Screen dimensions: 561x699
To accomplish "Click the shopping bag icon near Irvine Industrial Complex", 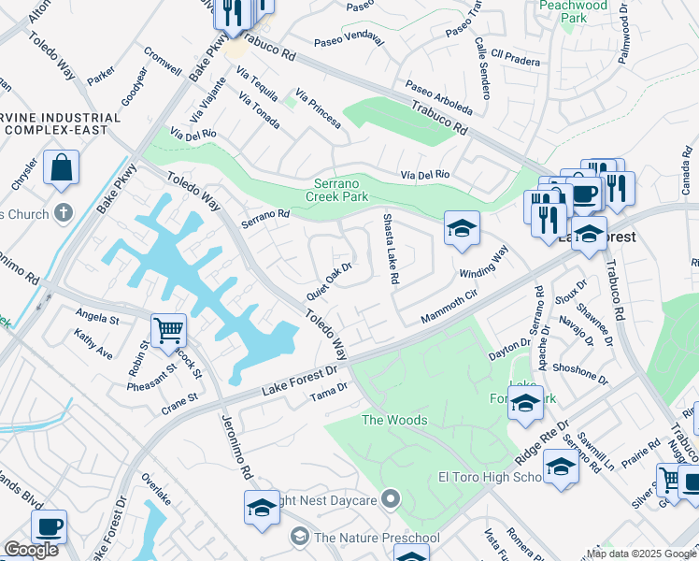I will point(61,168).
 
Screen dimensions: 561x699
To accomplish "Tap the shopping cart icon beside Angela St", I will point(168,330).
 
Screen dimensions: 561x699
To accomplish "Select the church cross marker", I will point(64,213).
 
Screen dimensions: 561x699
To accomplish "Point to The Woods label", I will point(394,420).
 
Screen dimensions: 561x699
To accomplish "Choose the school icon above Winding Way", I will point(462,229).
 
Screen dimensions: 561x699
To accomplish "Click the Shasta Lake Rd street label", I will point(392,249).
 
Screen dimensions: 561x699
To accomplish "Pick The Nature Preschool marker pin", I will point(299,537).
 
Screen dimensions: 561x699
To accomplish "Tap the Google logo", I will point(31,550).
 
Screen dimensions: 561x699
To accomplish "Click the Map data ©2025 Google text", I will point(641,554).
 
